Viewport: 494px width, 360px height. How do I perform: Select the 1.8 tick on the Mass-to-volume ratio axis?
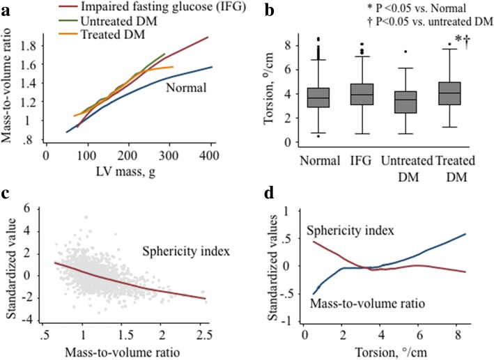point(30,46)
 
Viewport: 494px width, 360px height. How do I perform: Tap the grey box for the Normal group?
point(319,97)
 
